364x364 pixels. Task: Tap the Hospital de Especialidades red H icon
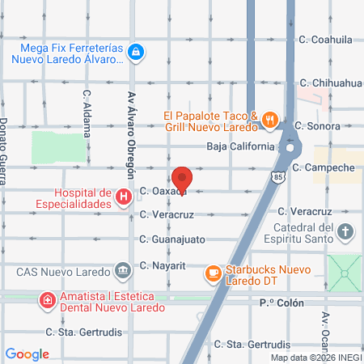[123, 197]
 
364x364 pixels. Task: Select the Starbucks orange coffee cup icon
[214, 273]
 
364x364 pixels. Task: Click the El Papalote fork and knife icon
[270, 121]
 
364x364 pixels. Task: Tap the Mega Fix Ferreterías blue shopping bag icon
[137, 52]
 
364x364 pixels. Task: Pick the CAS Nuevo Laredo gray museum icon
[123, 269]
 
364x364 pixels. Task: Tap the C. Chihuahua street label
[329, 83]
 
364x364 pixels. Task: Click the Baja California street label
[241, 146]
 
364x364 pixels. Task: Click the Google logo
[28, 353]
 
